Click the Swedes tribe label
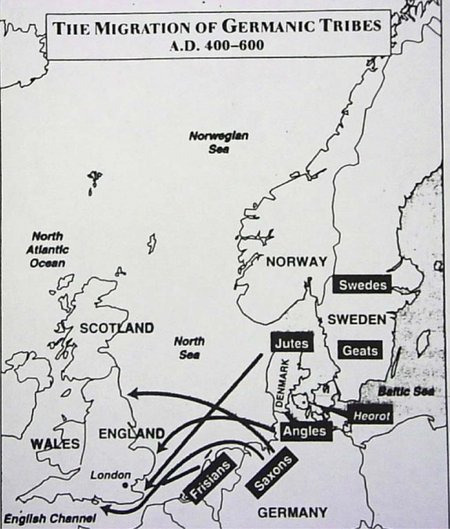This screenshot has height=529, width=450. (x=363, y=285)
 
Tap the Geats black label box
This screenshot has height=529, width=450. (x=360, y=351)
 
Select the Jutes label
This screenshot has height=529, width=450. (x=291, y=343)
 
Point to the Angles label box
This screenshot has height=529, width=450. (x=304, y=431)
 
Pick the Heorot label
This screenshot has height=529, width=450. (x=372, y=416)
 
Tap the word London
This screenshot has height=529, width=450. (x=111, y=475)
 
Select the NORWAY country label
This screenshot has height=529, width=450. (x=296, y=262)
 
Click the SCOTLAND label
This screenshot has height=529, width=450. (x=117, y=328)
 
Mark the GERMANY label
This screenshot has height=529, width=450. (x=292, y=513)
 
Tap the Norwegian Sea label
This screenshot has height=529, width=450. (x=219, y=142)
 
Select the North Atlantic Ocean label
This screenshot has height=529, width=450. (x=48, y=250)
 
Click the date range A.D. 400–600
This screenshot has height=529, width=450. (x=218, y=45)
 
